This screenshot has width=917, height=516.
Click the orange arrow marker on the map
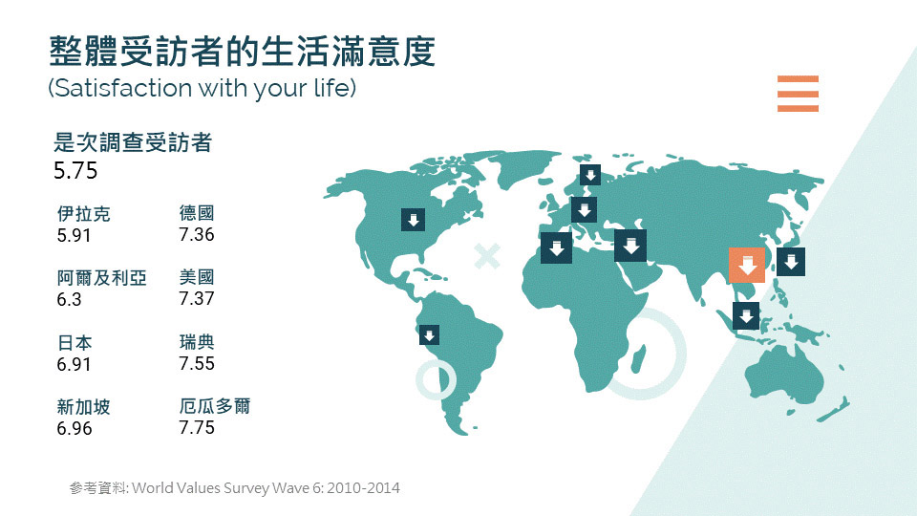pyautogui.click(x=747, y=265)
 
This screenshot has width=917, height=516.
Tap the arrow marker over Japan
pyautogui.click(x=791, y=262)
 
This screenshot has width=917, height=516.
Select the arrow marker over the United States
pyautogui.click(x=413, y=220)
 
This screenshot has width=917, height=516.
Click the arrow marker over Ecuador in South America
pyautogui.click(x=429, y=335)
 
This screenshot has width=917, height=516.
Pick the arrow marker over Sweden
pyautogui.click(x=590, y=174)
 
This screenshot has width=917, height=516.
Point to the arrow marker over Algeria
pyautogui.click(x=556, y=247)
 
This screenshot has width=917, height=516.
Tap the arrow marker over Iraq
pyautogui.click(x=630, y=246)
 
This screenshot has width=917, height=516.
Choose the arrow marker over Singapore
pyautogui.click(x=746, y=316)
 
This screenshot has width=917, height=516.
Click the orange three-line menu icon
pyautogui.click(x=798, y=94)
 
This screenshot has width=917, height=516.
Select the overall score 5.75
pyautogui.click(x=75, y=171)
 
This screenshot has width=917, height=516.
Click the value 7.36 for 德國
pyautogui.click(x=197, y=235)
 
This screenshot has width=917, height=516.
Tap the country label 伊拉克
pyautogui.click(x=84, y=213)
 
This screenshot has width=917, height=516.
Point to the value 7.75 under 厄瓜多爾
pyautogui.click(x=197, y=428)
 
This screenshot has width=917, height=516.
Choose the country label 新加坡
pyautogui.click(x=84, y=407)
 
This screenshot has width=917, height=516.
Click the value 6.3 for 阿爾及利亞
pyautogui.click(x=69, y=299)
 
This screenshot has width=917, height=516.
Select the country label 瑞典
pyautogui.click(x=197, y=342)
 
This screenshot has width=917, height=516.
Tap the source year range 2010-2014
pyautogui.click(x=363, y=488)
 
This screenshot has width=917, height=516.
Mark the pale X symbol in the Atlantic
pyautogui.click(x=487, y=256)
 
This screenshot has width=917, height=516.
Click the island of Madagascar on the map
pyautogui.click(x=638, y=358)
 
